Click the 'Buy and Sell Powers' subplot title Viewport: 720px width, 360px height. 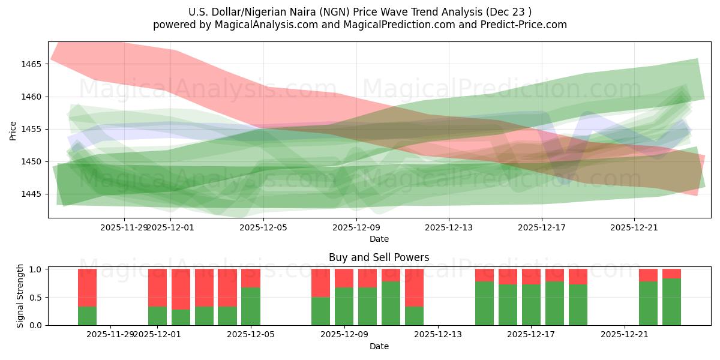379,257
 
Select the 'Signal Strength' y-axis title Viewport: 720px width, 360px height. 20,296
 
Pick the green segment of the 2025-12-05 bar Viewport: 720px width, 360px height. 251,306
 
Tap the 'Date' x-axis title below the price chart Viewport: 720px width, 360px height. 379,239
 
